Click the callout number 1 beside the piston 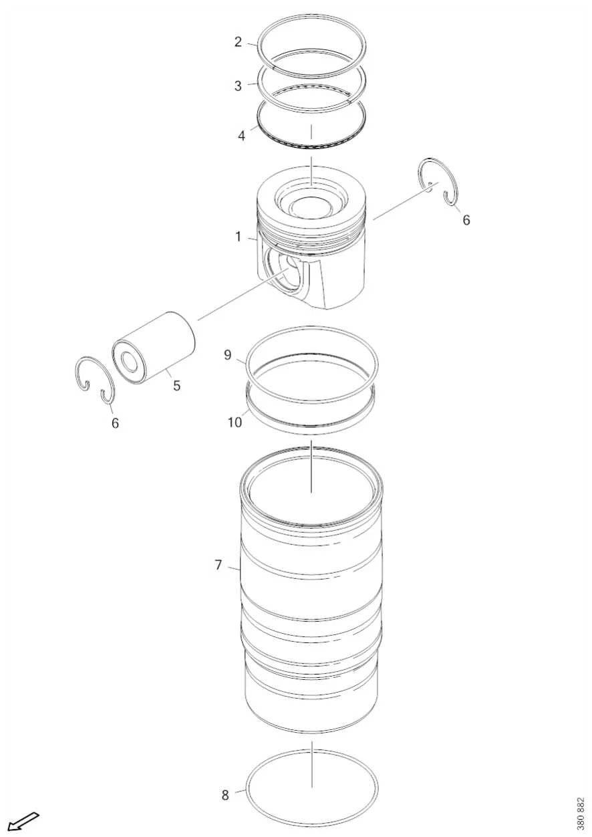[x=238, y=237]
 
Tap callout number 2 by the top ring [x=238, y=42]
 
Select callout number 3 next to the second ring [x=238, y=86]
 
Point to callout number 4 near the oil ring [x=242, y=136]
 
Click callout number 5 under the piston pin [x=176, y=385]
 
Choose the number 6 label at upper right [x=466, y=220]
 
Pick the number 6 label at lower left [x=115, y=423]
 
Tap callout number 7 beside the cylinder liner [x=218, y=565]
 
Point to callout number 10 [x=235, y=423]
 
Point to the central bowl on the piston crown [x=311, y=205]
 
